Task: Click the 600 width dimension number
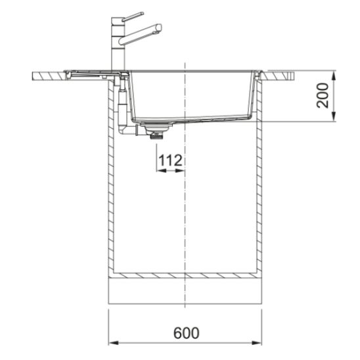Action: coord(186,333)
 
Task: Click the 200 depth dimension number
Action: coord(323,95)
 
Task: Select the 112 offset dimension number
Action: coord(170,160)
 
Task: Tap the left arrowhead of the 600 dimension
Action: coord(114,343)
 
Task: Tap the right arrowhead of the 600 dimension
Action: coord(257,343)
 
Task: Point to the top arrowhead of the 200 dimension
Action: coord(334,76)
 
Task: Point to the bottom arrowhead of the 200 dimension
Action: coord(334,116)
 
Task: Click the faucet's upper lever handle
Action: coord(133,16)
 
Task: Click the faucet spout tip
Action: coord(158,28)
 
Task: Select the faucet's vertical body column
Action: coord(118,43)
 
